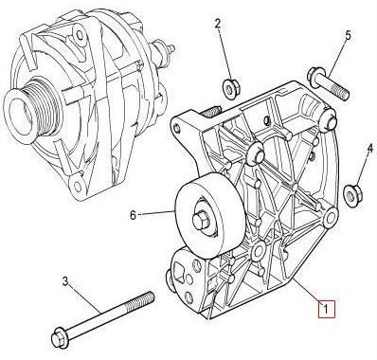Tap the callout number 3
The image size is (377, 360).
tap(64, 281)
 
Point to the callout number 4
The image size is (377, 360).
tap(370, 148)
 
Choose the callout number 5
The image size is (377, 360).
tap(348, 37)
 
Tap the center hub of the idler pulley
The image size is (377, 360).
tap(201, 224)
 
